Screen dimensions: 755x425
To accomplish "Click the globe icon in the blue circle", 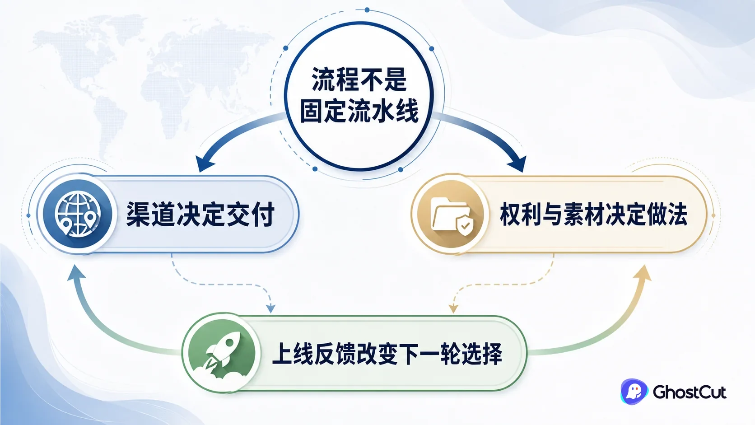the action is (x=78, y=214).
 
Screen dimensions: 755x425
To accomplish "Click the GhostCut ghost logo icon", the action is (x=634, y=391).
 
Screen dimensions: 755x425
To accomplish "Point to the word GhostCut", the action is (x=689, y=392).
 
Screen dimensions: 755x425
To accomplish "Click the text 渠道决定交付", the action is (x=200, y=214).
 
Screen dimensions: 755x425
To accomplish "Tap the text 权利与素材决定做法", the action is (x=593, y=215).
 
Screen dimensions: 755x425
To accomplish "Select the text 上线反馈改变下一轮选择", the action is (x=387, y=354).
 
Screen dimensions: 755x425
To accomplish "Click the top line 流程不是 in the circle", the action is (x=359, y=79).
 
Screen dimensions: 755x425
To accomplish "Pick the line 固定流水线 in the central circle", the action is (x=359, y=110).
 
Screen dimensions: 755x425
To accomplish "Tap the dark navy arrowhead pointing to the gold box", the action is (x=517, y=164).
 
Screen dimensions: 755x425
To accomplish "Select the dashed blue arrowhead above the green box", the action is (x=270, y=308).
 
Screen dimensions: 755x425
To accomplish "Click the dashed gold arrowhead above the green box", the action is (x=453, y=308).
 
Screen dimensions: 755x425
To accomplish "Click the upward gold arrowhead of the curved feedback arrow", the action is (x=643, y=272).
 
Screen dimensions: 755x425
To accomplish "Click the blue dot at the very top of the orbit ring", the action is (x=367, y=10).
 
